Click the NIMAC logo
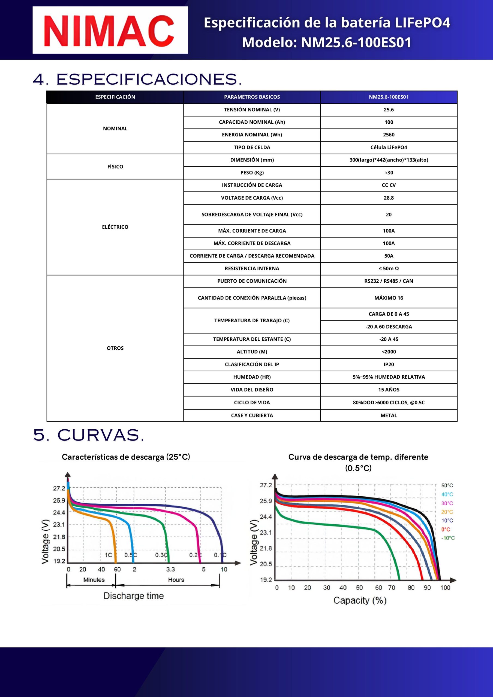(110, 30)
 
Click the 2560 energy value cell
(389, 135)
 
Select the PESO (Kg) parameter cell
(252, 173)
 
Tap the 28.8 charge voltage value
(389, 198)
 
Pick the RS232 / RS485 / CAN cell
(389, 281)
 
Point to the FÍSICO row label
(115, 167)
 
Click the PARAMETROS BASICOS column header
(252, 97)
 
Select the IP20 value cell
(389, 365)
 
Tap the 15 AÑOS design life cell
(389, 390)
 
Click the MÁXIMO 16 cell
(389, 298)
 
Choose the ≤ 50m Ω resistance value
(389, 269)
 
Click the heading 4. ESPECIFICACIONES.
(137, 80)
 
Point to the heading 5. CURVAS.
(88, 435)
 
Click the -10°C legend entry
(448, 538)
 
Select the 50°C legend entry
(447, 486)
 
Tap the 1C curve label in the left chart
(108, 555)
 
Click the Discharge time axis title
(133, 596)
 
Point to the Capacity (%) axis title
(360, 600)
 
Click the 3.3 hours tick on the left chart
(170, 570)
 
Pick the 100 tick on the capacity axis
(445, 588)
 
